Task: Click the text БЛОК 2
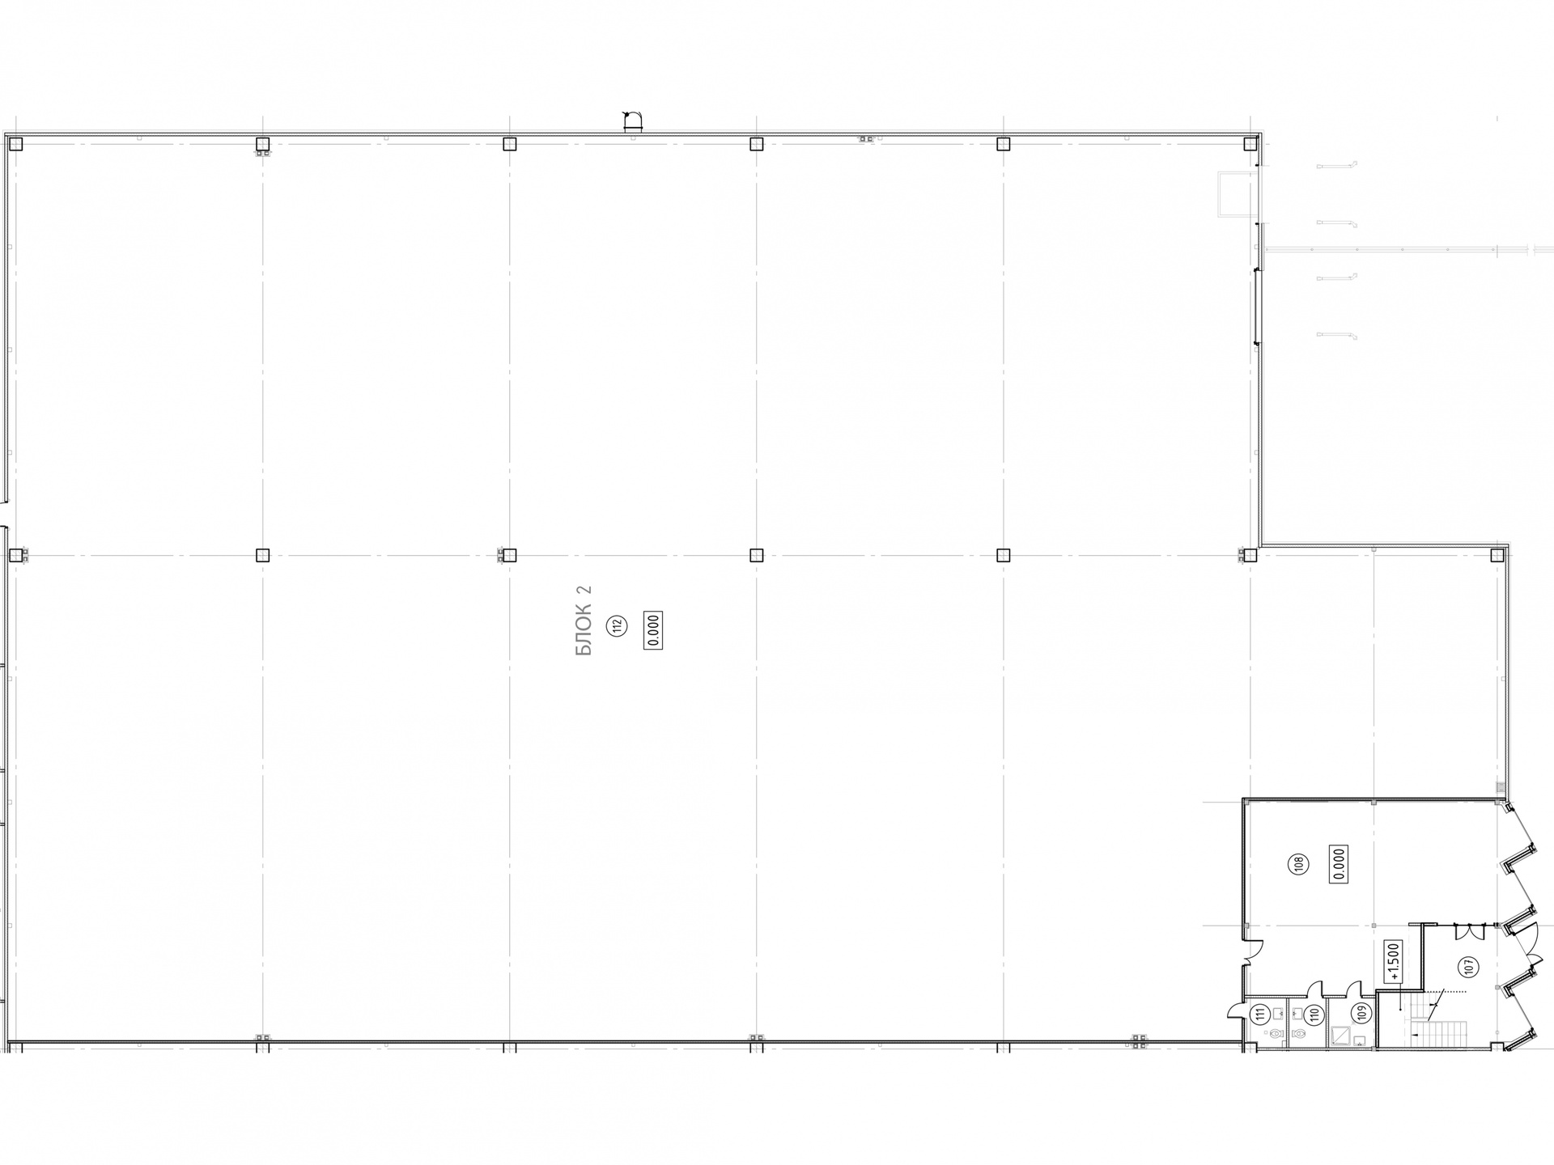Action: [x=584, y=621]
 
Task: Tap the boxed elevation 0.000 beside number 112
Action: [x=653, y=630]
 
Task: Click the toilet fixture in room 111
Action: [x=1277, y=1035]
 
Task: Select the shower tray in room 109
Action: [x=1340, y=1035]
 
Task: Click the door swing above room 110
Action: [x=1315, y=989]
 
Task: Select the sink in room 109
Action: [x=1360, y=1040]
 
